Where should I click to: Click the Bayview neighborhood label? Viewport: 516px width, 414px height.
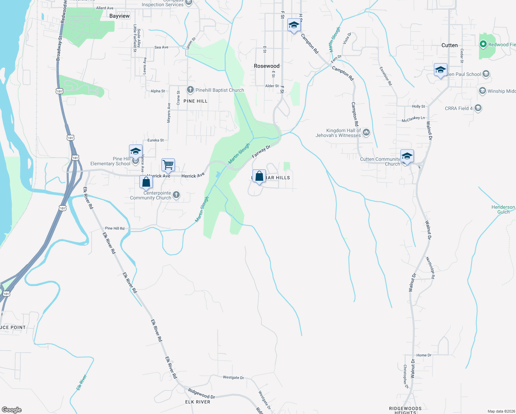click(x=119, y=16)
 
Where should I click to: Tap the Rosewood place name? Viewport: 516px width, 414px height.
click(x=267, y=66)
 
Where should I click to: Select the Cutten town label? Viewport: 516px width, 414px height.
click(x=449, y=45)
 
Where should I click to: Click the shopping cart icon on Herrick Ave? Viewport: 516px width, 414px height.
click(x=168, y=165)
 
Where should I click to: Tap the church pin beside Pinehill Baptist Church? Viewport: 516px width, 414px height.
click(x=190, y=90)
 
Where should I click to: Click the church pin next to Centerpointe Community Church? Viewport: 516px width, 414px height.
click(x=176, y=195)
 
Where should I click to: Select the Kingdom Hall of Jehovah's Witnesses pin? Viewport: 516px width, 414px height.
click(x=366, y=132)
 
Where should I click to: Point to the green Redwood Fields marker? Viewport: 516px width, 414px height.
click(x=483, y=44)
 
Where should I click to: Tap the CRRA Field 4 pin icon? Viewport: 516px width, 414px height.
click(x=478, y=108)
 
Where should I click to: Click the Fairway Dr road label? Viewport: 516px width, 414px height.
click(x=261, y=152)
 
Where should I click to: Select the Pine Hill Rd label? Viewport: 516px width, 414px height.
click(x=115, y=228)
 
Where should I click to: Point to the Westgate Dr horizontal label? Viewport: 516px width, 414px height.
click(x=233, y=377)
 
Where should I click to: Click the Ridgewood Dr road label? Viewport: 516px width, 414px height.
click(x=201, y=394)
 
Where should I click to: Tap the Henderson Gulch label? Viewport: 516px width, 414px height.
click(x=503, y=209)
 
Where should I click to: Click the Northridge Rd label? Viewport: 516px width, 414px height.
click(x=430, y=268)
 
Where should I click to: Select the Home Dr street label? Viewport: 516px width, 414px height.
click(x=424, y=355)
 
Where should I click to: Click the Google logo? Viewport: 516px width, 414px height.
click(x=11, y=410)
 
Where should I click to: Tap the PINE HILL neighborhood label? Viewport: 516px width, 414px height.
click(x=196, y=101)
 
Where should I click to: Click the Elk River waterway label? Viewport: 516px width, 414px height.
click(x=81, y=383)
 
